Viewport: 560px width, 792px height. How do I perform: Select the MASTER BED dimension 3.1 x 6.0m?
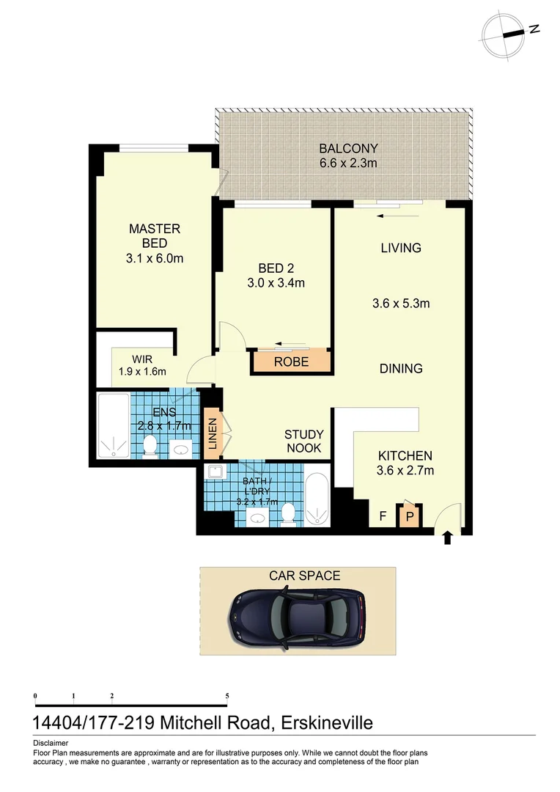(155, 258)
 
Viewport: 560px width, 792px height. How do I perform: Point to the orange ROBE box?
(291, 362)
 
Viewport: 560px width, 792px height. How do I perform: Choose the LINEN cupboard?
(213, 433)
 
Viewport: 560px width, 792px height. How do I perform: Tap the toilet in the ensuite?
(150, 446)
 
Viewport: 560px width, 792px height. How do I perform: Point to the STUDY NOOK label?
(303, 441)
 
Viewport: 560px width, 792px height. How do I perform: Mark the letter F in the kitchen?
(383, 516)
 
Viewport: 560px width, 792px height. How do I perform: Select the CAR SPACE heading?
(304, 576)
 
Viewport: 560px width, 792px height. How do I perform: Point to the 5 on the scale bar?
(227, 695)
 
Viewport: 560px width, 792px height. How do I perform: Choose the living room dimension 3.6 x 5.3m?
(400, 303)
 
